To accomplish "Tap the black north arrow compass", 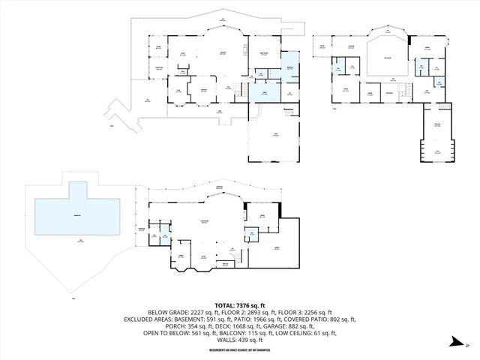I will pyautogui.click(x=458, y=342).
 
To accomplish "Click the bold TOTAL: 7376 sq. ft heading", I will pyautogui.click(x=240, y=305).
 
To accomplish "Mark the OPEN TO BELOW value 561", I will pyautogui.click(x=190, y=332).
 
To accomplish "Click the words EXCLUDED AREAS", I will pyautogui.click(x=145, y=319).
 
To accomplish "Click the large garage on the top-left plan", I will pyautogui.click(x=274, y=136).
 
